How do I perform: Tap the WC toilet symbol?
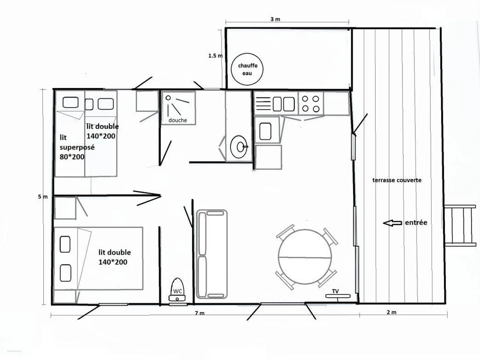tap(177, 290)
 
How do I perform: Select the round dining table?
tap(305, 257)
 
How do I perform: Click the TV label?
tap(335, 291)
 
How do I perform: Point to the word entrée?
tap(416, 222)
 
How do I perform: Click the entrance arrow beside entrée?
tap(392, 223)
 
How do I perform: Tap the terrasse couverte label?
tap(397, 180)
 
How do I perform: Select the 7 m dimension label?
tap(200, 313)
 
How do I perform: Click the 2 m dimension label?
tap(392, 312)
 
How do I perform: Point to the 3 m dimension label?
tap(275, 19)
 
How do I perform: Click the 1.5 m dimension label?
tap(215, 56)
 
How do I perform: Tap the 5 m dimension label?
tap(43, 197)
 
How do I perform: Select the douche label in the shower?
tap(178, 120)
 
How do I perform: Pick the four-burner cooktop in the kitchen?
tap(310, 103)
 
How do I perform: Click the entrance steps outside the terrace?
tap(460, 226)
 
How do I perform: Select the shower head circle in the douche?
tap(168, 98)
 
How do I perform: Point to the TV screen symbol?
tap(338, 296)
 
